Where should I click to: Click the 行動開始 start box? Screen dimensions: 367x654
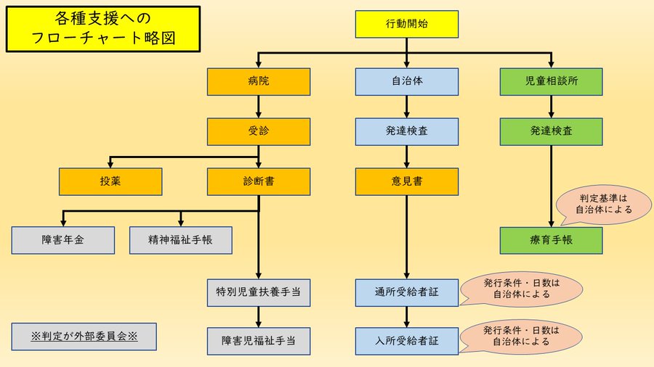coord(406,24)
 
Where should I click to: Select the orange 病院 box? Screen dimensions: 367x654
coord(259,81)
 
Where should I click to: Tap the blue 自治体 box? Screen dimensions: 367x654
coord(406,81)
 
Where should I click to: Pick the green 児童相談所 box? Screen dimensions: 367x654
coord(552,81)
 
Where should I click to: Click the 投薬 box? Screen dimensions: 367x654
coord(111,181)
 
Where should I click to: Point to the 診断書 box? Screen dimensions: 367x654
coord(259,181)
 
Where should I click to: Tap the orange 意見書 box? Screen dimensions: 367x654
coord(406,181)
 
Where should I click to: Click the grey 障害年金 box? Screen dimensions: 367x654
coord(62,240)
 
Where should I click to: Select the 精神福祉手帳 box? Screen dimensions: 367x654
coord(180,240)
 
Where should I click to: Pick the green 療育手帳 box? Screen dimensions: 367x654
coord(552,240)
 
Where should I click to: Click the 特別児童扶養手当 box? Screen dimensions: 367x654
coord(259,292)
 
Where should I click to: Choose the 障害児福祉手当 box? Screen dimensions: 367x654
coord(259,339)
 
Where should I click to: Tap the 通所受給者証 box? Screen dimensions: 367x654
coord(406,292)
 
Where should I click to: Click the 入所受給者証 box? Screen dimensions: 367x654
coord(406,339)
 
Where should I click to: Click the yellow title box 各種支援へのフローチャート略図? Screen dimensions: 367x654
coord(103,29)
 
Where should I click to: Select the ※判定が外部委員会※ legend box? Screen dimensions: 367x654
coord(84,337)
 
